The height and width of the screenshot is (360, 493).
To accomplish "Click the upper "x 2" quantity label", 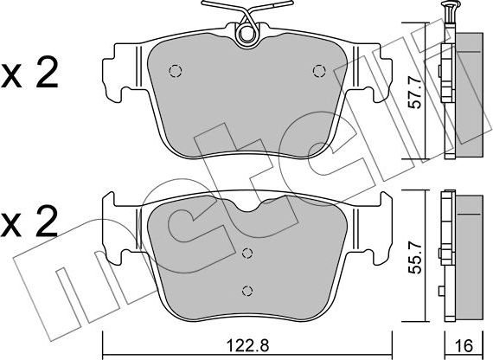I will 29,74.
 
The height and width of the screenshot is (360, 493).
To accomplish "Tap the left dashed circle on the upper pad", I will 175,71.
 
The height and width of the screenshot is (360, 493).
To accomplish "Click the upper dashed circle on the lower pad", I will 248,254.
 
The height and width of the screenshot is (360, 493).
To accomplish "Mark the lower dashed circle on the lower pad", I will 248,290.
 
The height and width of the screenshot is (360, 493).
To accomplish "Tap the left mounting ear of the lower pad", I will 115,228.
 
